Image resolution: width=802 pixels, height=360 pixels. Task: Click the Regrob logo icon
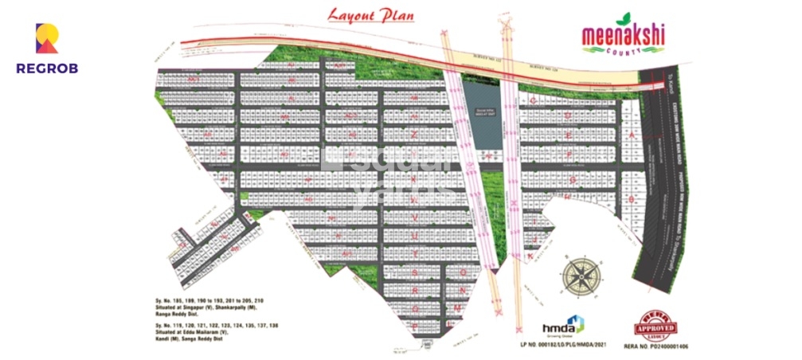47,38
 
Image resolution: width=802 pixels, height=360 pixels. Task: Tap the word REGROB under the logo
47,68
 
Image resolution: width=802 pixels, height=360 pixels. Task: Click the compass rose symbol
581,275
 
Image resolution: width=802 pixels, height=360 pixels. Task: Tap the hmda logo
563,325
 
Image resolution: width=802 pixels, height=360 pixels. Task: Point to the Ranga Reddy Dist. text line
183,315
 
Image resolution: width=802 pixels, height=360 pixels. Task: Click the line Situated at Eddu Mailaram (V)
197,334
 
